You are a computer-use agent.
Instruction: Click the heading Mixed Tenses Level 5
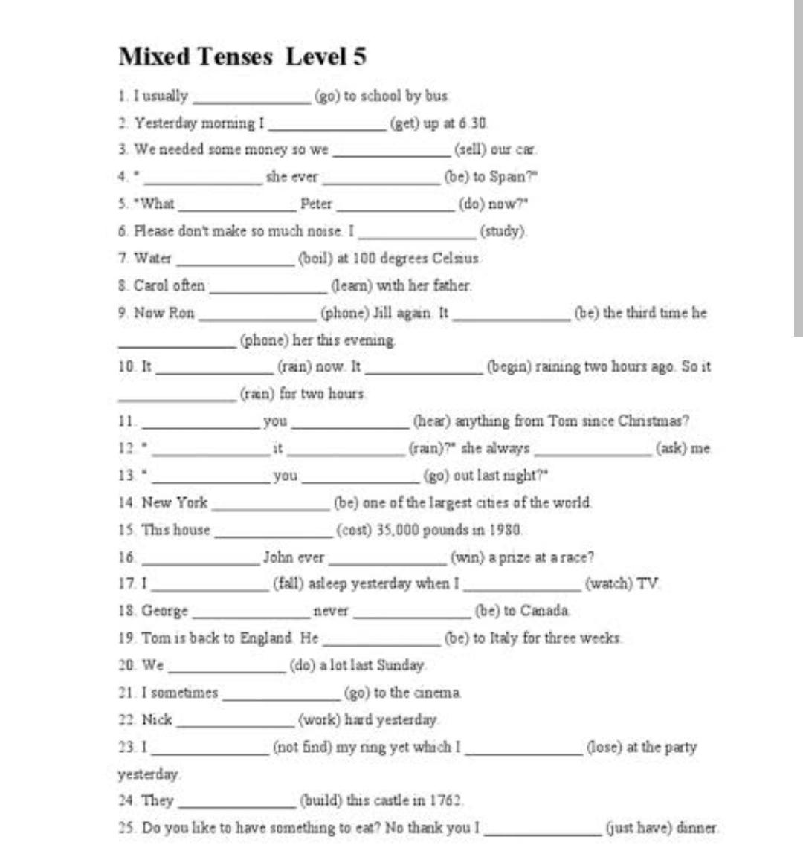tap(242, 56)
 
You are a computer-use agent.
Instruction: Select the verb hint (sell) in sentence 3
tap(470, 149)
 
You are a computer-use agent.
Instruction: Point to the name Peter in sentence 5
tap(316, 204)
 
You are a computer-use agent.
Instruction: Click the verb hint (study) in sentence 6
tap(503, 231)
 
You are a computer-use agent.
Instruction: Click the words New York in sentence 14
tap(175, 502)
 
